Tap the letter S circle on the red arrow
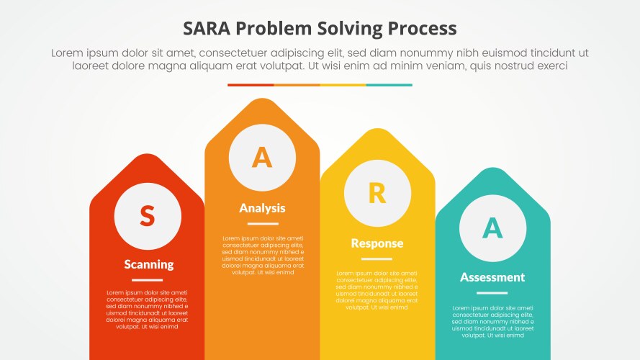pos(147,215)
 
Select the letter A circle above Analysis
pos(262,157)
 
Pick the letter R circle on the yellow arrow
pos(377,193)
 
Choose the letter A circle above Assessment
pos(492,228)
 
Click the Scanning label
pos(148,264)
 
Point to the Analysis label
pos(262,208)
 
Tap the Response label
pos(377,243)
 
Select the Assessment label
pos(492,277)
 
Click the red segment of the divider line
pos(251,85)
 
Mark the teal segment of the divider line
pos(389,85)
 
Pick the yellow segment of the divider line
pos(343,85)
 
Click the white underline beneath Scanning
pos(147,279)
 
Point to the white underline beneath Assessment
pos(492,293)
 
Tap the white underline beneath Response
pos(377,259)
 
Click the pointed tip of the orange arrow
pos(262,102)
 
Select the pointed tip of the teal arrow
pos(492,170)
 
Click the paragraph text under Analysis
pos(262,256)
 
